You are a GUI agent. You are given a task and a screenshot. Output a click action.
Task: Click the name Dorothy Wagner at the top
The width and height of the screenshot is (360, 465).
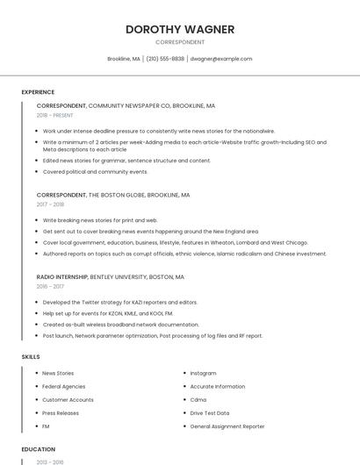(x=180, y=29)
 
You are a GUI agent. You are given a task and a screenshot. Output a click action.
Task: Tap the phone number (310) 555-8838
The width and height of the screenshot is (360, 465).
(x=165, y=59)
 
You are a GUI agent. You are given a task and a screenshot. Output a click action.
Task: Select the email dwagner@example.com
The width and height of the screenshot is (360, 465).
(x=221, y=59)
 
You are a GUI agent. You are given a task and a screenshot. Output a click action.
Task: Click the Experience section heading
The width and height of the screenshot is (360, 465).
(x=38, y=92)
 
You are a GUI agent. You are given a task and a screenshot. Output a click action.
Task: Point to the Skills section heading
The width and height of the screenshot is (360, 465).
(x=30, y=357)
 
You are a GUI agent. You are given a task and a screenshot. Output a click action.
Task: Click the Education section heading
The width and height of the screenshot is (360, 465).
(x=39, y=449)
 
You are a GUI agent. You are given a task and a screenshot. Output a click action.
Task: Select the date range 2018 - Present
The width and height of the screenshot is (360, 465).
(x=55, y=115)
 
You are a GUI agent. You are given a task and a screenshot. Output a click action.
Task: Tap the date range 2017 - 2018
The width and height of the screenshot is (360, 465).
(x=50, y=204)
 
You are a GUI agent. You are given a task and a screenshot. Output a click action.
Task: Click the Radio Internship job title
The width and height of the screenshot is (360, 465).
(x=61, y=276)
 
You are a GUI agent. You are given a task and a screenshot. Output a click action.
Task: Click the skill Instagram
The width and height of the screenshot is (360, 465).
(x=203, y=373)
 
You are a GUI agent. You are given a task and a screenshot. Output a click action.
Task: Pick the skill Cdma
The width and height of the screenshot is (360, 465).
(x=198, y=399)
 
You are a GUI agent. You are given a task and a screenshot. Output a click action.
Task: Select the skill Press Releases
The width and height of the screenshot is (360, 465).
(x=61, y=412)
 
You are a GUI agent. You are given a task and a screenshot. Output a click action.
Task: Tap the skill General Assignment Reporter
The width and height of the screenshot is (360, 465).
(x=227, y=426)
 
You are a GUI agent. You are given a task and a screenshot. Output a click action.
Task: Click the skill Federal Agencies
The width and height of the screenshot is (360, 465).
(x=63, y=386)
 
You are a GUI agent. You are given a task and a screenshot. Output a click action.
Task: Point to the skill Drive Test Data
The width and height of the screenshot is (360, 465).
(x=210, y=412)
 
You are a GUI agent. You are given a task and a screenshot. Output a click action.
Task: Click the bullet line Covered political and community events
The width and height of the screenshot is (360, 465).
(x=96, y=172)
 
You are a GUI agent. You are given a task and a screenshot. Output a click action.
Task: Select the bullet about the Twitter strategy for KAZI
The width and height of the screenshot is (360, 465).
(x=120, y=302)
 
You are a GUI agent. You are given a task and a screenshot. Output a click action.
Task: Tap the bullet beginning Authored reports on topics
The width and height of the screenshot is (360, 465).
(x=184, y=254)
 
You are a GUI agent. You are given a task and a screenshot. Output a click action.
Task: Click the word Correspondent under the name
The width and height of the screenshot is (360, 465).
(x=180, y=42)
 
